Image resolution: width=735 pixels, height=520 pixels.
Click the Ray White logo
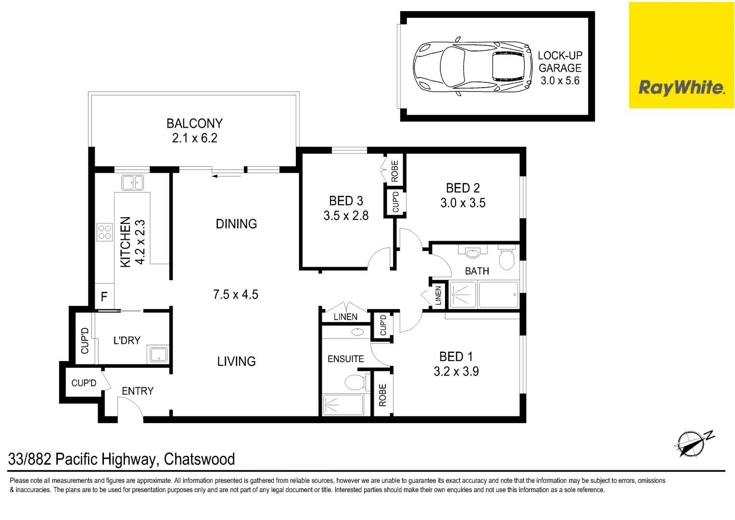tap(681, 88)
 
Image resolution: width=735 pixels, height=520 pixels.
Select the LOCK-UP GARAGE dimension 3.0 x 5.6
tap(560, 81)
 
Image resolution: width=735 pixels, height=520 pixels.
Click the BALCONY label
tap(194, 124)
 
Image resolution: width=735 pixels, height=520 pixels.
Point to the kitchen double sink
tap(132, 183)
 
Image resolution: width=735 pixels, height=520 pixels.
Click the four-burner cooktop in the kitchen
tap(104, 232)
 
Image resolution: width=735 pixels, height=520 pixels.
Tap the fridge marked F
tap(104, 297)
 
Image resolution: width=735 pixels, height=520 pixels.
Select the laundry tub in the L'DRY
tap(158, 355)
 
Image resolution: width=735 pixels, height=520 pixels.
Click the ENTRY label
tap(138, 391)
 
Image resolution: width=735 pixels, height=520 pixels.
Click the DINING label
tap(236, 224)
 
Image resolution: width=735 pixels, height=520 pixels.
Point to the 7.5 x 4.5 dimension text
tap(236, 295)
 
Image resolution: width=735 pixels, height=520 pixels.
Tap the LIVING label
tap(236, 362)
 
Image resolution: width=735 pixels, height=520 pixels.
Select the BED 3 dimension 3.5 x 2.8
tap(346, 216)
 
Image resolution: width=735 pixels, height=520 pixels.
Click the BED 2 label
tap(463, 188)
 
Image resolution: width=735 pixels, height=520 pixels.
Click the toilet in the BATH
tap(507, 259)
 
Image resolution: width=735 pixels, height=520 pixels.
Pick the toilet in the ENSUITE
tap(355, 382)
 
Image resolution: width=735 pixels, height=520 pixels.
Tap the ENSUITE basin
tap(357, 332)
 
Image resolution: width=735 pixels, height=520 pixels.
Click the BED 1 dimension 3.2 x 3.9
tap(456, 372)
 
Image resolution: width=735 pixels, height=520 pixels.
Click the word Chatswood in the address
tap(199, 459)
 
